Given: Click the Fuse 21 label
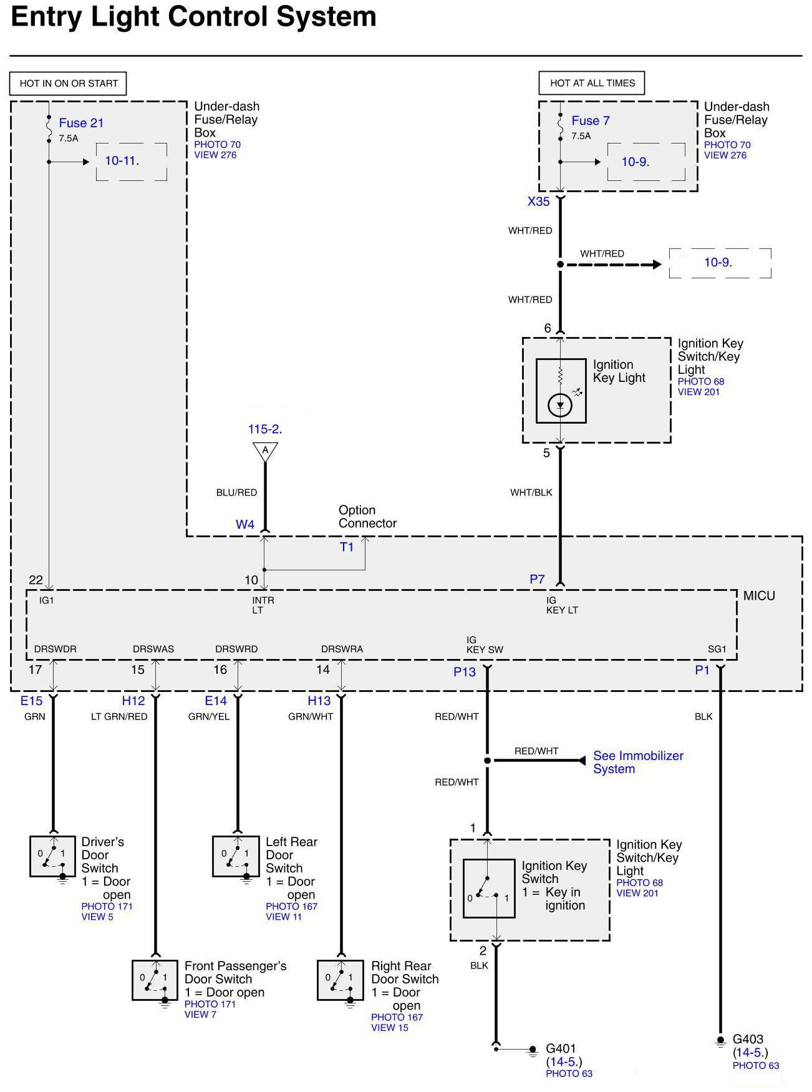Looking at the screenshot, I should pos(81,123).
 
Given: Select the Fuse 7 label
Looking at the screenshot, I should pos(590,120).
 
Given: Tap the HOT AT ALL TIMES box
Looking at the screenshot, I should pos(592,83).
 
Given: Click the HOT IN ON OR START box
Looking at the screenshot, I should pos(69,83).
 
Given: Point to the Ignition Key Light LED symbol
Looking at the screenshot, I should pos(560,406).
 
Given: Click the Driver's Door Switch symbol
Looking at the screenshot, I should pos(53,856).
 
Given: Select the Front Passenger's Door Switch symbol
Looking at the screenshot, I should pos(155,980).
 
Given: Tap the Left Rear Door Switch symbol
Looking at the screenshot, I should pos(236,856).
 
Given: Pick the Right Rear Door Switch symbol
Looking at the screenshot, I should pos(341,980).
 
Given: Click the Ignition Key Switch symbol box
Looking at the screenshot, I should pos(489,888).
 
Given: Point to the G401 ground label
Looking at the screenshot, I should pos(561,1048).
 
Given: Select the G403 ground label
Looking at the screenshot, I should pos(748,1039).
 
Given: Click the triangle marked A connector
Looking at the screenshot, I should pos(265,451).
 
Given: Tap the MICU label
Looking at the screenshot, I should pos(759,595).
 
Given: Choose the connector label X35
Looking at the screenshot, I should pos(538,202).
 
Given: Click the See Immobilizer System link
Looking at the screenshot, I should pos(637,762).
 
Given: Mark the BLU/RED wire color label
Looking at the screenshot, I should pos(236,492).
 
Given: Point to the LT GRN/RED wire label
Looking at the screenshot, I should pos(119,716).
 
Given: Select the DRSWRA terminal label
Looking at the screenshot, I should pos(342,649).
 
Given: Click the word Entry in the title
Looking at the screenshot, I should pos(47,17).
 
